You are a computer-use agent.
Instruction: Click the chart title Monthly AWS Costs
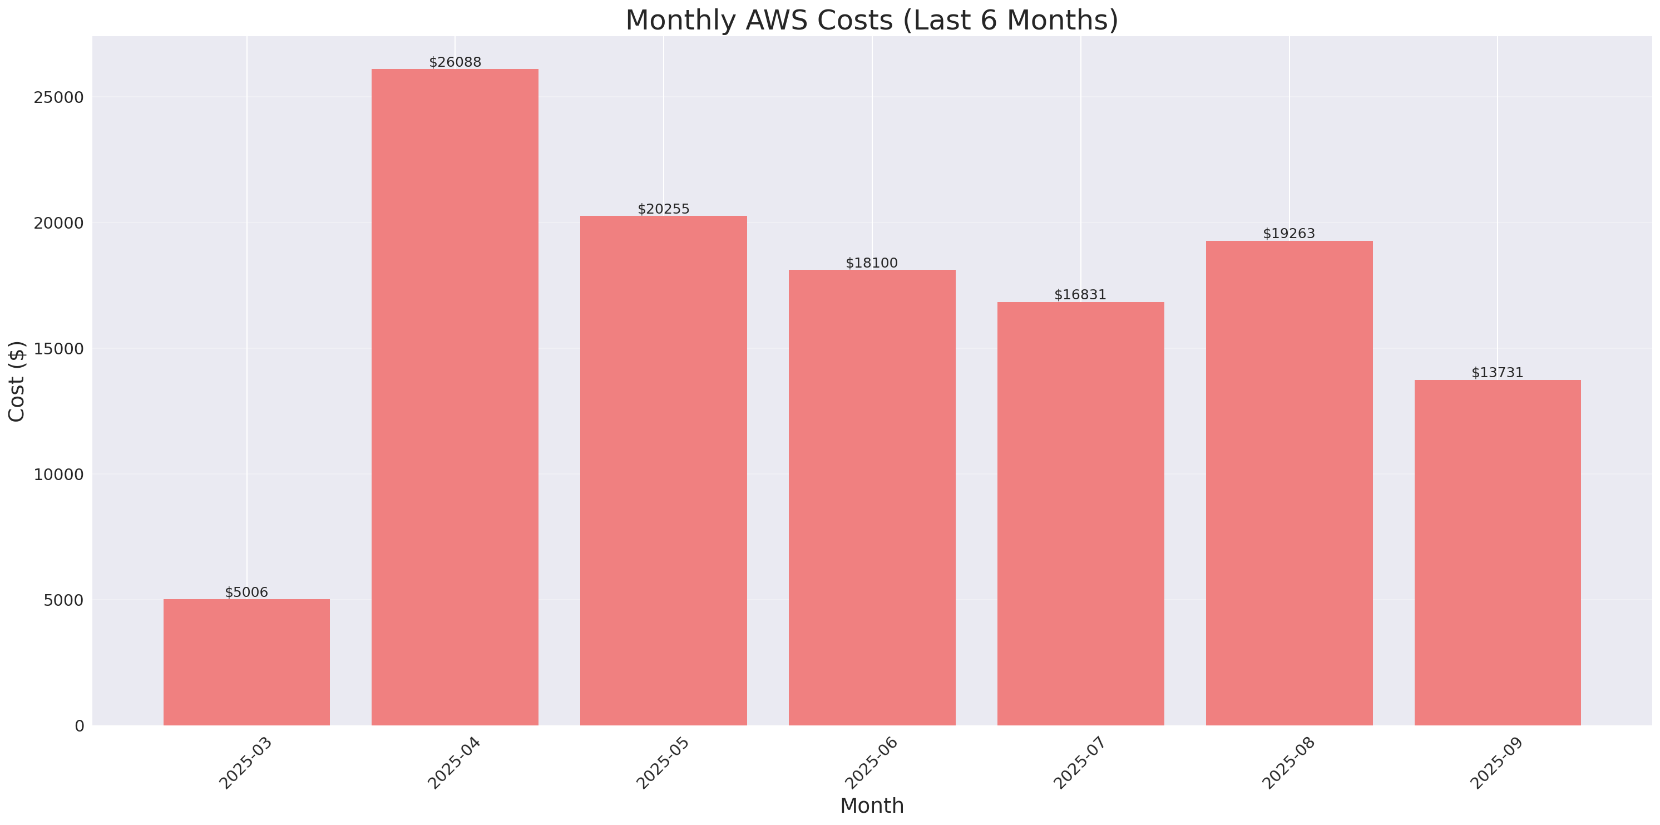(x=871, y=20)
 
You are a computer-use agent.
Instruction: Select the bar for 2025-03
(x=246, y=662)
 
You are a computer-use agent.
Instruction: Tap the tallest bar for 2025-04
(x=455, y=397)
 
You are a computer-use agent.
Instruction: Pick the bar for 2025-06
(x=872, y=497)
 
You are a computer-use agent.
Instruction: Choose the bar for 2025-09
(x=1497, y=552)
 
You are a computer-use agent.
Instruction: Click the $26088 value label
(x=455, y=62)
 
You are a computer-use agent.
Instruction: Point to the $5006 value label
(x=246, y=592)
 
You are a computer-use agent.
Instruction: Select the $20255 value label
(x=663, y=209)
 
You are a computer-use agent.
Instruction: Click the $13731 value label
(x=1497, y=373)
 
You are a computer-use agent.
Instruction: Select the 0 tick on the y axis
(x=79, y=727)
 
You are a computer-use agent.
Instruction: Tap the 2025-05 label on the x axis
(x=663, y=763)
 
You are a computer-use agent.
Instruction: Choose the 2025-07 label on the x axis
(x=1080, y=763)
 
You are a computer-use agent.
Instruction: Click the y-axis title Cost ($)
(x=17, y=381)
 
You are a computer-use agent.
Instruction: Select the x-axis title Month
(x=871, y=806)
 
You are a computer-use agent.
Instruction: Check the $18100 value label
(x=871, y=263)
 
